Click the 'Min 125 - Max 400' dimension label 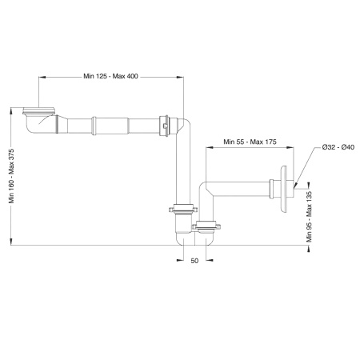click(110, 76)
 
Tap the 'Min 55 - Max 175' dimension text click(250, 142)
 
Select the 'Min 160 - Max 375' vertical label click(11, 176)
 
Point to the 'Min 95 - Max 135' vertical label click(309, 217)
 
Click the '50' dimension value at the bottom click(194, 261)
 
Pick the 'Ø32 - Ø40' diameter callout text click(338, 147)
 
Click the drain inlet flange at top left click(39, 111)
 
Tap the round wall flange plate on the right click(283, 190)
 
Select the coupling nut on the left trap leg click(183, 208)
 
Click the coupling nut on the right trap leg click(206, 226)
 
